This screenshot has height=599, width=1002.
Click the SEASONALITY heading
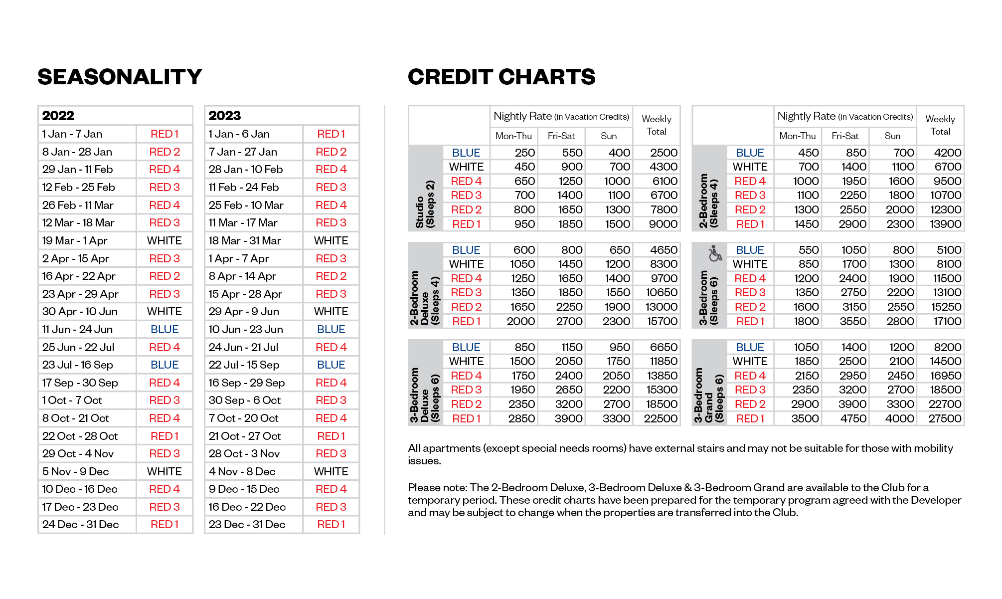click(120, 77)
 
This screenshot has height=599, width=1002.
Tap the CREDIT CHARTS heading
click(501, 77)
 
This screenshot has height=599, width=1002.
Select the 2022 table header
click(58, 116)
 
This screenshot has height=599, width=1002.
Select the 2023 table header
click(225, 116)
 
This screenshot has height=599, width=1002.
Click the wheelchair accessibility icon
click(715, 253)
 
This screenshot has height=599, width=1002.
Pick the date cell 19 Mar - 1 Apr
click(75, 240)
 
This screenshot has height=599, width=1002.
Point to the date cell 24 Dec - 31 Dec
click(80, 524)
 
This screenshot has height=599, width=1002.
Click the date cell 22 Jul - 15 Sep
click(244, 365)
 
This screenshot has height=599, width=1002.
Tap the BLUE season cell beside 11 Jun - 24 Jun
click(165, 329)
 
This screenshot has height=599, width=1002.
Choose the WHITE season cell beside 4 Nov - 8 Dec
click(331, 471)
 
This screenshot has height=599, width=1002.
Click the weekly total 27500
click(945, 418)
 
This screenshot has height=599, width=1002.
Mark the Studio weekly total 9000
click(663, 224)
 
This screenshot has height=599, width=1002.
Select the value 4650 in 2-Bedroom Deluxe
click(664, 250)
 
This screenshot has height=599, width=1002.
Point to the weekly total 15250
click(946, 307)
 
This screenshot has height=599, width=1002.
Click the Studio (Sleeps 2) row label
click(425, 204)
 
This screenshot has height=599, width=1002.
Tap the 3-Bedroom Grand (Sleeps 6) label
click(708, 395)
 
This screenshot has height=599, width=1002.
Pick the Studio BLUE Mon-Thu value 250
click(524, 153)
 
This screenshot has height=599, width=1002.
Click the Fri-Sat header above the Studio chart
click(561, 136)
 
